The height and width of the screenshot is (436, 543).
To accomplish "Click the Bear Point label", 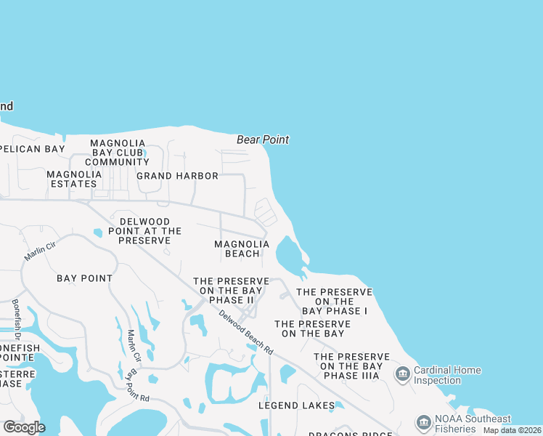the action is (x=263, y=140).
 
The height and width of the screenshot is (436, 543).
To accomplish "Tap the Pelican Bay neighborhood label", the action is (x=33, y=149).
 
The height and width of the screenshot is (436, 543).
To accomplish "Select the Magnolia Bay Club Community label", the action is (x=118, y=153).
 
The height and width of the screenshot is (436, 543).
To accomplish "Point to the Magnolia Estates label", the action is (x=74, y=179).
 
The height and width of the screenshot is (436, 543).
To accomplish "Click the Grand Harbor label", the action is (x=177, y=176).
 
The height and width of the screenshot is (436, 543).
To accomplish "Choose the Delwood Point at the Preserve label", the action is (x=144, y=230).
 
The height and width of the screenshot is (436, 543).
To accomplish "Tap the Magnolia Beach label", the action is (x=242, y=249).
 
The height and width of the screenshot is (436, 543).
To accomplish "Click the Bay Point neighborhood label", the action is (x=85, y=278).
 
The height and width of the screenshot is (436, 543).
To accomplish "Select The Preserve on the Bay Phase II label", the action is (x=231, y=290).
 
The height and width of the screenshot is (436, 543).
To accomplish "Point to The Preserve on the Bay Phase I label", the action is (x=334, y=301).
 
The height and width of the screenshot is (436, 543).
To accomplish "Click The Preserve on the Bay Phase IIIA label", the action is (x=351, y=366).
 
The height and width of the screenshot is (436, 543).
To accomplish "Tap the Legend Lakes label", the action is (x=297, y=405).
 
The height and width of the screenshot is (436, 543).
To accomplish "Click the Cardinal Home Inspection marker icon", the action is (x=402, y=374).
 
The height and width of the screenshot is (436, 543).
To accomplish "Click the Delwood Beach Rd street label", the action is (x=247, y=333).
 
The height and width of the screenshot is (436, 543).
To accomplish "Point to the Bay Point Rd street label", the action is (x=137, y=387).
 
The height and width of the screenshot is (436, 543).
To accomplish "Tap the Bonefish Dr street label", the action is (x=15, y=320).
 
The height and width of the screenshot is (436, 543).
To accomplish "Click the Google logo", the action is (x=24, y=427).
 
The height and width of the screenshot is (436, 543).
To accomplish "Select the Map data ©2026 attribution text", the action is (x=512, y=430).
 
